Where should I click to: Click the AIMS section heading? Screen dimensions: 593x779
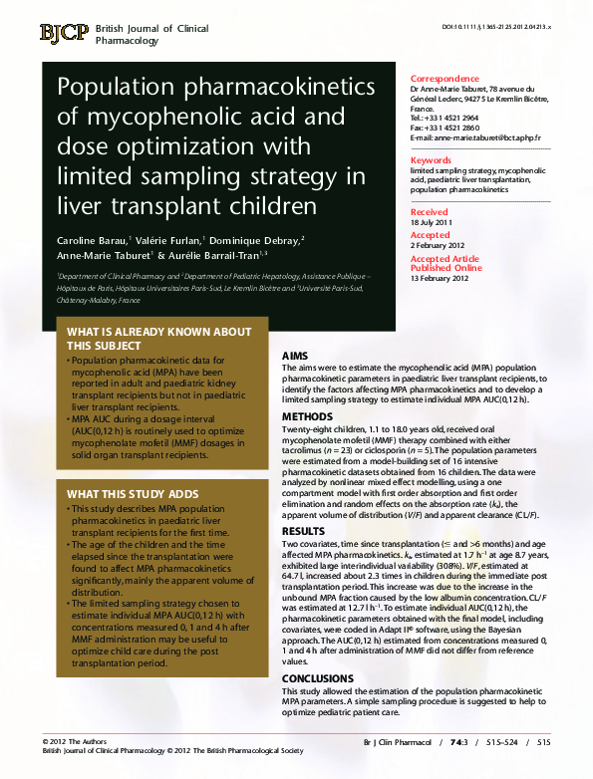point(295,356)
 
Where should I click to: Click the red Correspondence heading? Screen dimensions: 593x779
point(445,79)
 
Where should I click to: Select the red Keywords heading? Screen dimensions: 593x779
point(432,159)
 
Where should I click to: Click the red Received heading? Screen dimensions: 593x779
point(430,212)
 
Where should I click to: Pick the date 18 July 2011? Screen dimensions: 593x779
point(432,221)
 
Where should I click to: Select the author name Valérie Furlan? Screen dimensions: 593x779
point(166,241)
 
